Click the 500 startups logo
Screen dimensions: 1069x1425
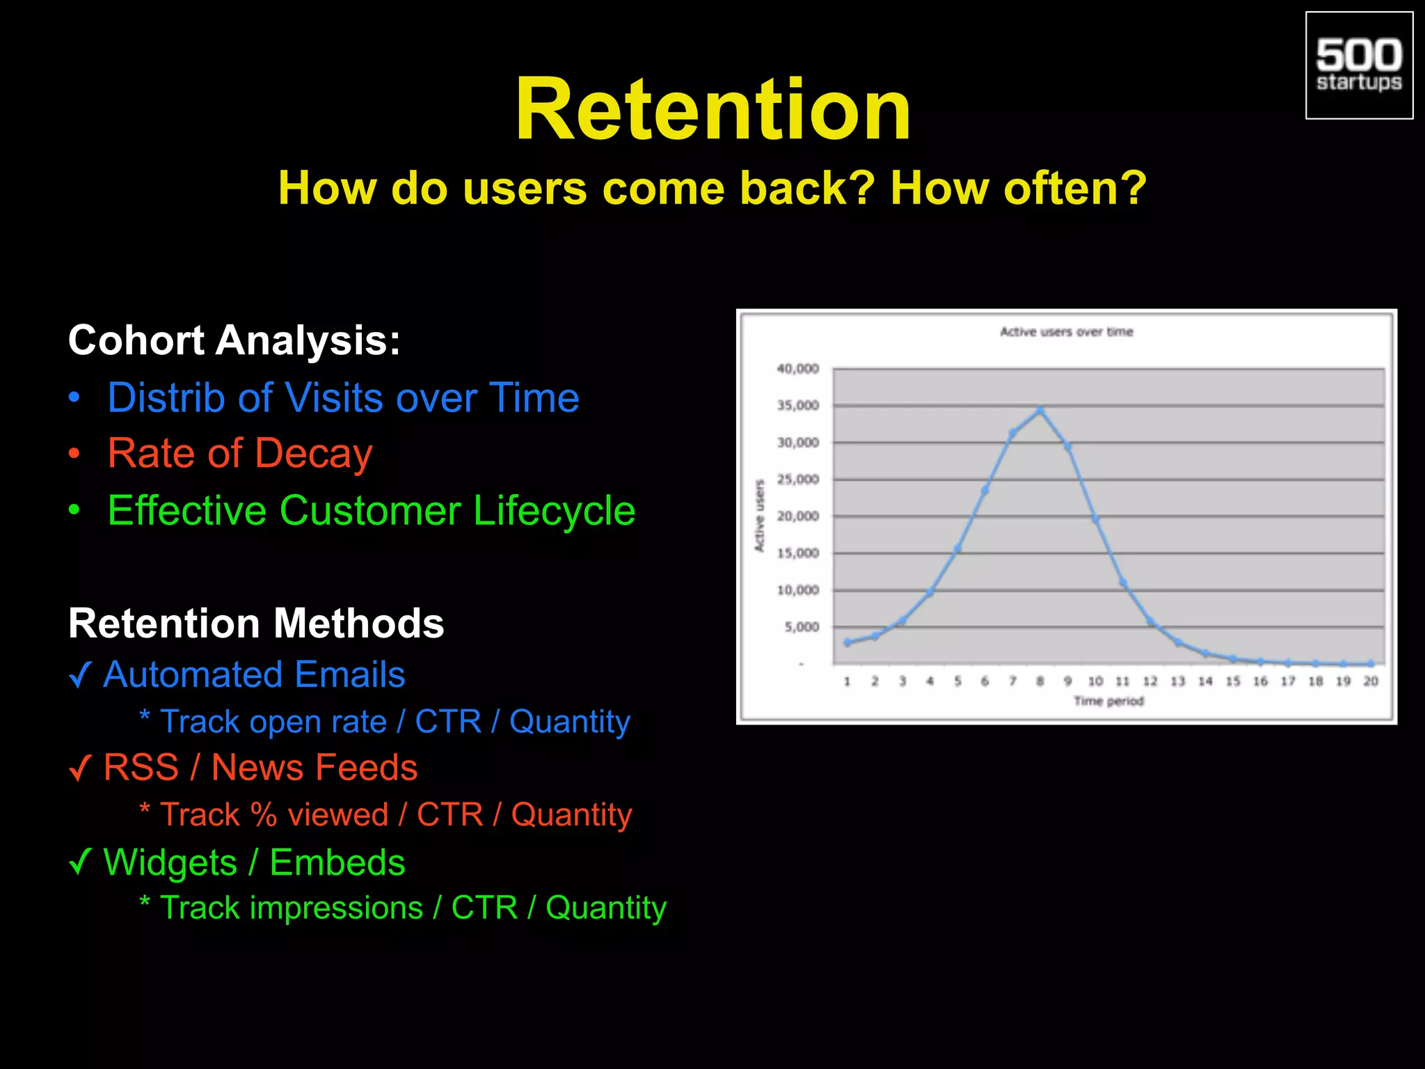pos(1358,65)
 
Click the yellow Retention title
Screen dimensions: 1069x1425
pos(712,110)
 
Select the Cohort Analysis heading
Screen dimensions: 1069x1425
pos(234,340)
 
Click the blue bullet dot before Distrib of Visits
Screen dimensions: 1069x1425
pos(74,398)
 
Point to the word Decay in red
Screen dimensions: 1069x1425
pos(314,454)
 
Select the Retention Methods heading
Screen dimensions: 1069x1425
pos(256,623)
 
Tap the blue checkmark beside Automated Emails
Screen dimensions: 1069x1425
pos(81,674)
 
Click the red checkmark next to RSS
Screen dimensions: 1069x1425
pos(81,768)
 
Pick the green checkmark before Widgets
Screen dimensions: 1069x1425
pos(81,862)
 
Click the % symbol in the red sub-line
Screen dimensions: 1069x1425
pos(264,815)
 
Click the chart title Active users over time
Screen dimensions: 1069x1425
pos(1066,332)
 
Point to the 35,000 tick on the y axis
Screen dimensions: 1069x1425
pos(797,406)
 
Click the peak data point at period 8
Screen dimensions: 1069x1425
pos(1040,410)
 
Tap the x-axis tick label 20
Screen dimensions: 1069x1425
pos(1370,681)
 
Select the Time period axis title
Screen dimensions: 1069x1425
pos(1108,701)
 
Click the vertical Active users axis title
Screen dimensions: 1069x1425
pos(760,516)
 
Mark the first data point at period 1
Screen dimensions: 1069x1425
pos(847,642)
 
